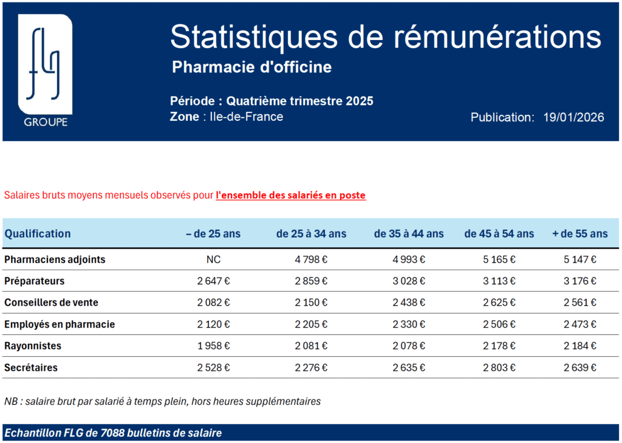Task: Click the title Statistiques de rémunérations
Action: coord(386,36)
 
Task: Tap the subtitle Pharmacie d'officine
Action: coord(251,67)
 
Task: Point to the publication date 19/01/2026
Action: coord(573,117)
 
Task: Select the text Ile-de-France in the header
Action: coord(246,117)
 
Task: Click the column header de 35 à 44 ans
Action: coord(409,233)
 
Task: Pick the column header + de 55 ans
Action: coord(579,233)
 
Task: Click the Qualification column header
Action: coord(38,233)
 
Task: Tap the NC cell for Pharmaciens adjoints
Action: coord(214,259)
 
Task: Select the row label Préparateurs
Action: coord(34,281)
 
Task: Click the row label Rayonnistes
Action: coord(33,346)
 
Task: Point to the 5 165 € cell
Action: coord(499,259)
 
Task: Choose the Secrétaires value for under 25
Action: coord(214,368)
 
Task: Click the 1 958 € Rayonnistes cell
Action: coord(214,346)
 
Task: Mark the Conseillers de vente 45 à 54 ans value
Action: coord(499,303)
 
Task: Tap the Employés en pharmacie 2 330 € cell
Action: coord(409,325)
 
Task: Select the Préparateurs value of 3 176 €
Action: coord(579,281)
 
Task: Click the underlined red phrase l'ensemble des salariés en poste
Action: coord(290,196)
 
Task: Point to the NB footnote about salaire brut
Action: coord(162,401)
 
